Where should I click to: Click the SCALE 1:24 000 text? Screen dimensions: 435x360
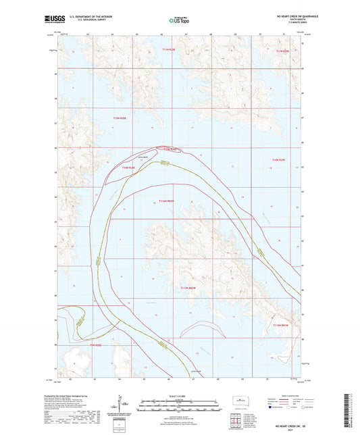[178, 396]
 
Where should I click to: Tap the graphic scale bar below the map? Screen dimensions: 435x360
[178, 404]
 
